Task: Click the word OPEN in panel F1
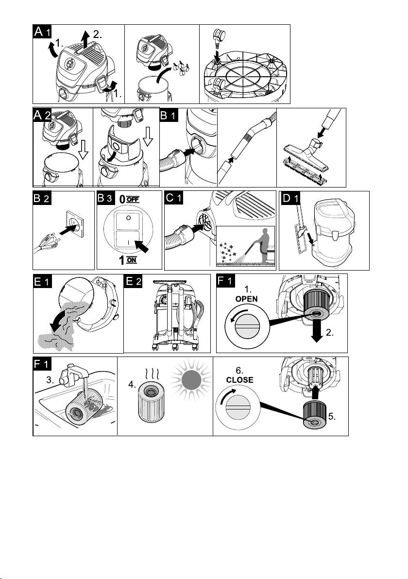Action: click(x=246, y=299)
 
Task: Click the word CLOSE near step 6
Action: click(x=239, y=379)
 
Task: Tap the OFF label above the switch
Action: click(x=133, y=200)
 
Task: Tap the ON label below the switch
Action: click(x=132, y=260)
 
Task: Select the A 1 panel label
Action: click(x=42, y=32)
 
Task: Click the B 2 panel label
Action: click(x=42, y=198)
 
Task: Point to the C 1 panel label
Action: click(x=174, y=198)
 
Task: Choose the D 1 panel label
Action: click(x=290, y=198)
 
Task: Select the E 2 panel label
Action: click(x=133, y=281)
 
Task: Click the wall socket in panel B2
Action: click(x=75, y=222)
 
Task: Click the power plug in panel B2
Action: click(x=46, y=244)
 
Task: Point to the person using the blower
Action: click(x=263, y=245)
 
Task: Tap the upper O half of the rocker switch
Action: click(x=128, y=218)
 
